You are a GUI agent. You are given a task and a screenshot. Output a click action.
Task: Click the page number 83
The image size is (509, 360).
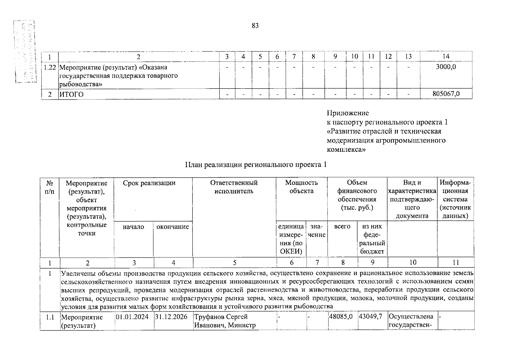[x=255, y=26]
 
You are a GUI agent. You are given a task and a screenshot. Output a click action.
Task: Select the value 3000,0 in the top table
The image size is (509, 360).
[x=446, y=67]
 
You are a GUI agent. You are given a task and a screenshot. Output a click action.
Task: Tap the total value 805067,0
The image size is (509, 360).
[x=446, y=94]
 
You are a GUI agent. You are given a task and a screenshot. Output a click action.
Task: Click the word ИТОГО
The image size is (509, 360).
[x=71, y=94]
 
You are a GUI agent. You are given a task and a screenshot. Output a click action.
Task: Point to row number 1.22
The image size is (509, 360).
[x=50, y=67]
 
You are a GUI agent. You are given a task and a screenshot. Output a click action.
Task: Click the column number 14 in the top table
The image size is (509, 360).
[x=446, y=56]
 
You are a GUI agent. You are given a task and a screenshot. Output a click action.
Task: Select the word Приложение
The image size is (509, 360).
[x=348, y=113]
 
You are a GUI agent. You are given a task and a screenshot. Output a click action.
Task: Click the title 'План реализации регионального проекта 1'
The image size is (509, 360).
[x=255, y=165]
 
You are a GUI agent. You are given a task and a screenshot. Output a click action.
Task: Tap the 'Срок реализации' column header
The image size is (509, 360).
[x=149, y=183]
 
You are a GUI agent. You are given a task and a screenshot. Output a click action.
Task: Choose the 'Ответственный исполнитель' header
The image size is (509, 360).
[x=234, y=187]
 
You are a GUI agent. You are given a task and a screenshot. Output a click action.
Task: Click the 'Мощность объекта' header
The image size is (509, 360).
[x=301, y=187]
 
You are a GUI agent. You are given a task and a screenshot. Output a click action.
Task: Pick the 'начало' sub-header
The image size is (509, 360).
[x=133, y=227]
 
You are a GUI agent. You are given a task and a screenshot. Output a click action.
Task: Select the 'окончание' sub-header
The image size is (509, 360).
[x=173, y=227]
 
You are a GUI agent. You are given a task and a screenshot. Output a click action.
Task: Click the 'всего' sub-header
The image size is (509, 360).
[x=342, y=227]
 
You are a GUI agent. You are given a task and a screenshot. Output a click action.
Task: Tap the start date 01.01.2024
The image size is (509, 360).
[x=134, y=317]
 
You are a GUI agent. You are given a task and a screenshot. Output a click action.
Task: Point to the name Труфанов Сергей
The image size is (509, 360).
[x=221, y=317]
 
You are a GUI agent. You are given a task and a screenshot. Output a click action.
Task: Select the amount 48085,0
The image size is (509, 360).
[x=342, y=317]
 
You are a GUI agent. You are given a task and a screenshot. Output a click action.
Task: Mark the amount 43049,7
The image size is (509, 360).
[x=372, y=317]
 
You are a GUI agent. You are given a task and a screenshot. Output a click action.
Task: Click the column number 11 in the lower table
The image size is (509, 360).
[x=456, y=262]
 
